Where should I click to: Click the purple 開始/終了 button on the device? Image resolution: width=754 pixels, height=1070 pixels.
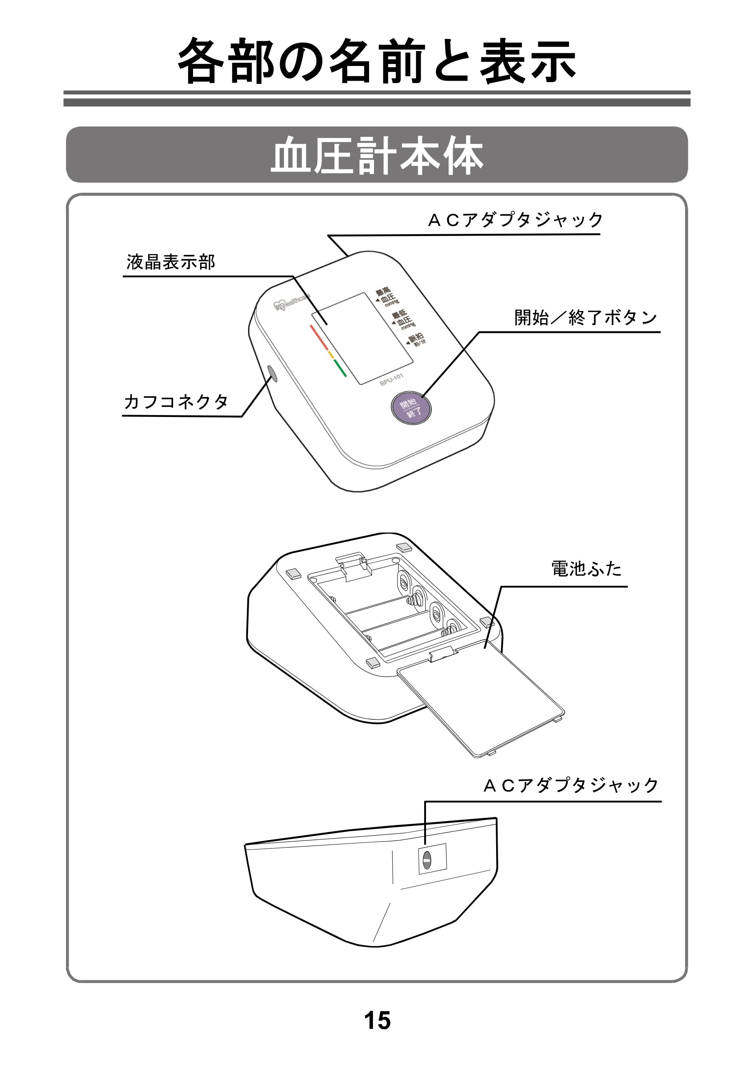[411, 408]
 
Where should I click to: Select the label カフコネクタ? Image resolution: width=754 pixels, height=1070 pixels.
[176, 401]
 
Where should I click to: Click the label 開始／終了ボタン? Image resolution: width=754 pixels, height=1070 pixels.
[586, 318]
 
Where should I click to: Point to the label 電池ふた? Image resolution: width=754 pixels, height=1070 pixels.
[587, 569]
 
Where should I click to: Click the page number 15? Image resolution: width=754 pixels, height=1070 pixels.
[377, 1020]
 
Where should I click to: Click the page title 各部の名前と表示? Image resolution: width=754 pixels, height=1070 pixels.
[377, 61]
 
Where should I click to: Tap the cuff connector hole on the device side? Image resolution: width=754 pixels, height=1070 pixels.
[271, 374]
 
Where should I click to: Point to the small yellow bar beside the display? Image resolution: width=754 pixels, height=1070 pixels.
[331, 355]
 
